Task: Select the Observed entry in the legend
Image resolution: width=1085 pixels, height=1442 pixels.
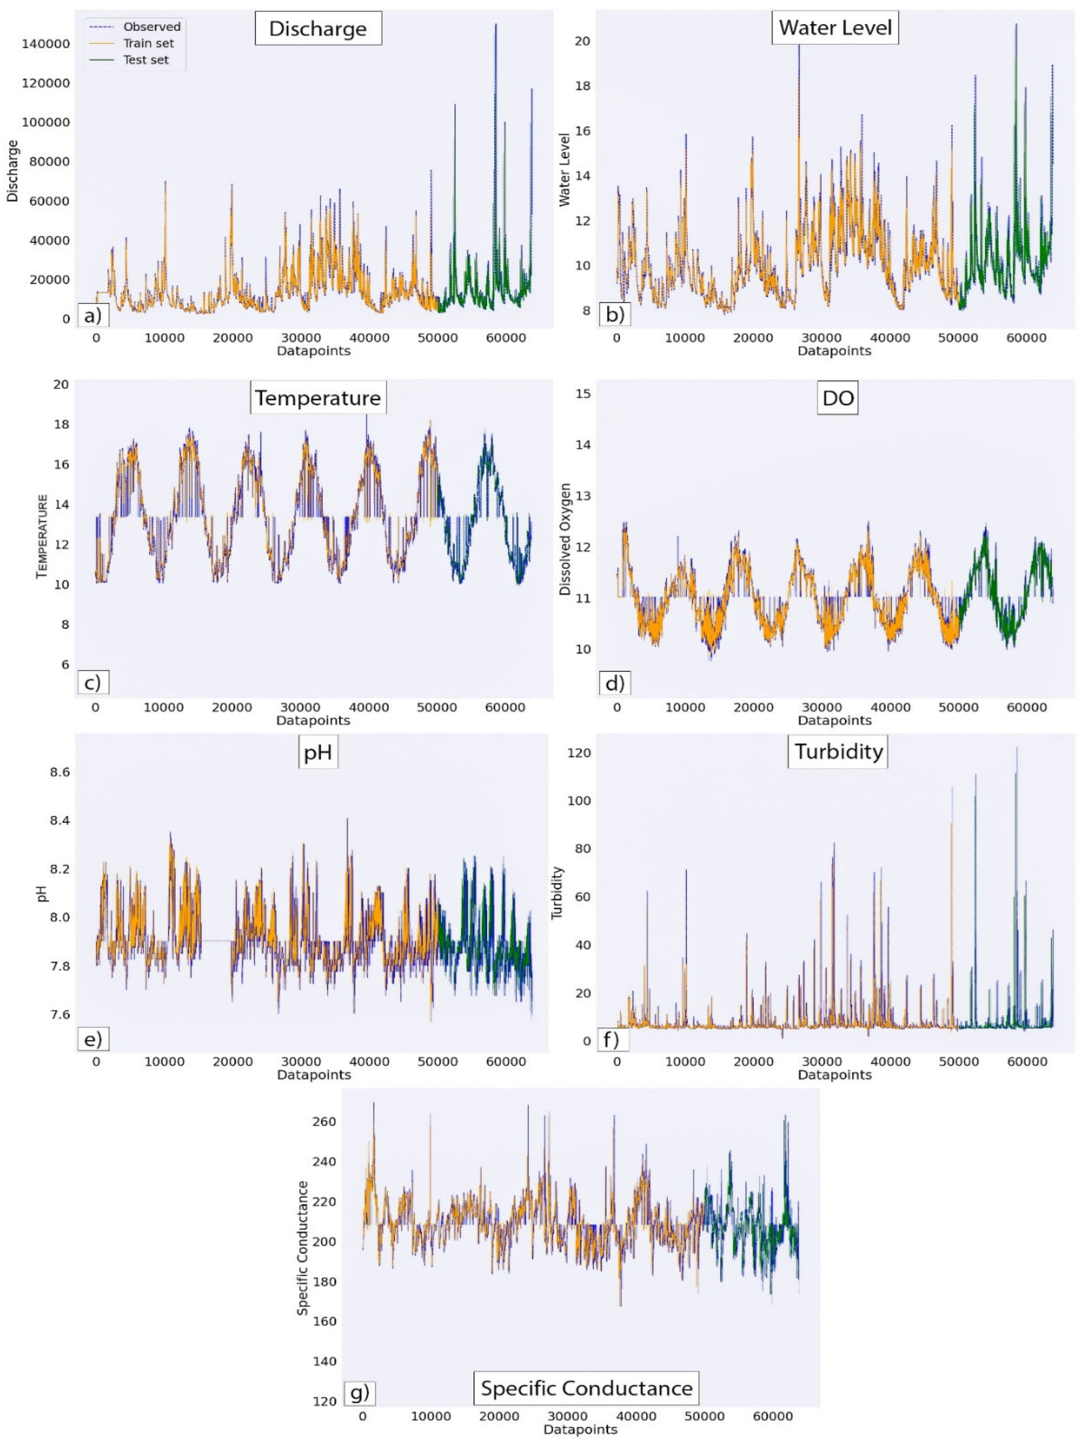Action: tap(151, 27)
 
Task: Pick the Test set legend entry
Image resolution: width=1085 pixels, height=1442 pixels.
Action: tap(146, 60)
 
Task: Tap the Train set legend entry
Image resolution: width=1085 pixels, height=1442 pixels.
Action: tap(148, 43)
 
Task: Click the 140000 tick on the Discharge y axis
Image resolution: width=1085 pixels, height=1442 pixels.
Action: tap(45, 43)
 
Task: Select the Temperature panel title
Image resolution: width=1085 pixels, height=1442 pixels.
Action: tap(317, 398)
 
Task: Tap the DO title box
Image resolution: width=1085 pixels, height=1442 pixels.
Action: tap(837, 398)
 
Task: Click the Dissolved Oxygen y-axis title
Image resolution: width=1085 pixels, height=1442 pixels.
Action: tap(565, 539)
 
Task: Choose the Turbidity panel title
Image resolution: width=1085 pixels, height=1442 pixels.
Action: tap(838, 752)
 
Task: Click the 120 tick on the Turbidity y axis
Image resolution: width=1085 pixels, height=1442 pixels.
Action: tap(579, 753)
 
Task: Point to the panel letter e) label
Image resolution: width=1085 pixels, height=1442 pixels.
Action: tap(93, 1039)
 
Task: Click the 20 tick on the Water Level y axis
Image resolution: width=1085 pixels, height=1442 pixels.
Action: tap(582, 41)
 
